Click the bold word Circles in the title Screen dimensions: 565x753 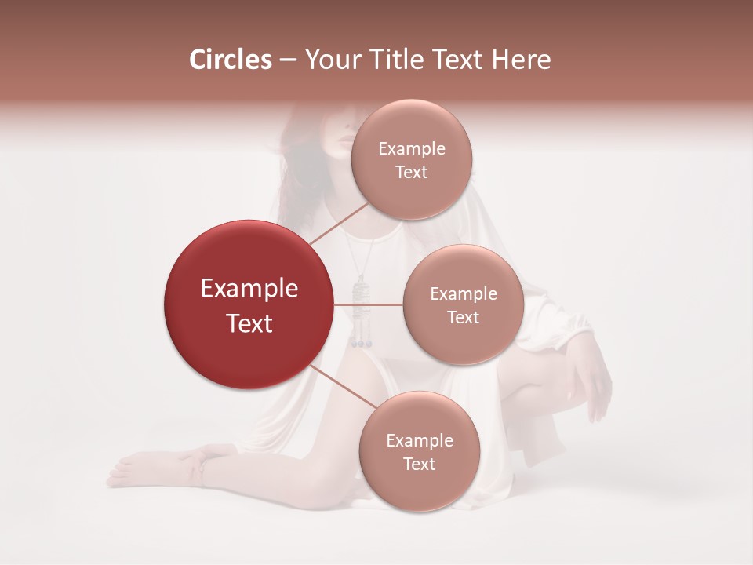pos(231,60)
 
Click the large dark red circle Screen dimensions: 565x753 pos(248,304)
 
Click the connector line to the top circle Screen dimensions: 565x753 pos(339,223)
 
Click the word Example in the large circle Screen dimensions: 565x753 pos(249,289)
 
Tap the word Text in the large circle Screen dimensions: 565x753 pos(249,323)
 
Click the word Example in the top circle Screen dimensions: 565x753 pos(412,149)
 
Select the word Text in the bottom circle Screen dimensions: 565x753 pos(419,464)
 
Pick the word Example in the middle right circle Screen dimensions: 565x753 pos(464,294)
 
